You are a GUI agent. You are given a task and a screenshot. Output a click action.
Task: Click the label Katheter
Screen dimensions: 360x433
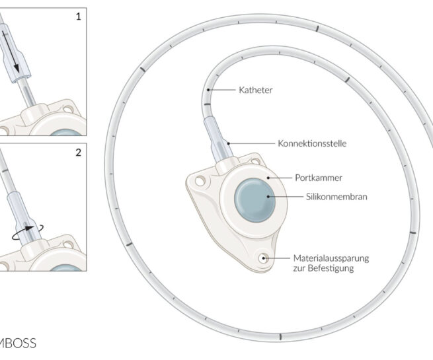coord(255,89)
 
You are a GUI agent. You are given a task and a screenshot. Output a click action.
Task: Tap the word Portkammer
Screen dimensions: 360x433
coord(313,178)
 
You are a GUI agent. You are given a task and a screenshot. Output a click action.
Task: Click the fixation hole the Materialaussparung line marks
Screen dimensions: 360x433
coord(264,258)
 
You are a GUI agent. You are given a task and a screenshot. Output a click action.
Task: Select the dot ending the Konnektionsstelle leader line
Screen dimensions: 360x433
coord(227,142)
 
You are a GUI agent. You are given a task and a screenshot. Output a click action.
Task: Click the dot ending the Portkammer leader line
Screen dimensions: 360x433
coord(268,178)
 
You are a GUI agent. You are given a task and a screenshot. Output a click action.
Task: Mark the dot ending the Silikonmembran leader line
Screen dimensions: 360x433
coord(268,196)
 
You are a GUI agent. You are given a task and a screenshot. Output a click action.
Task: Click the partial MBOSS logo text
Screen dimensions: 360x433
coord(18,343)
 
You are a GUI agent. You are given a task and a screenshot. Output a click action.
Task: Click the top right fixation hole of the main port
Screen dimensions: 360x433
coord(251,159)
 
